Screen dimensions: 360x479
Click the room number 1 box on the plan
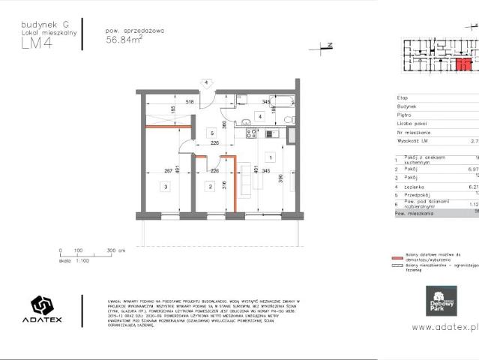click(268, 158)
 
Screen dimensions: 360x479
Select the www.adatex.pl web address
click(445, 327)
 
